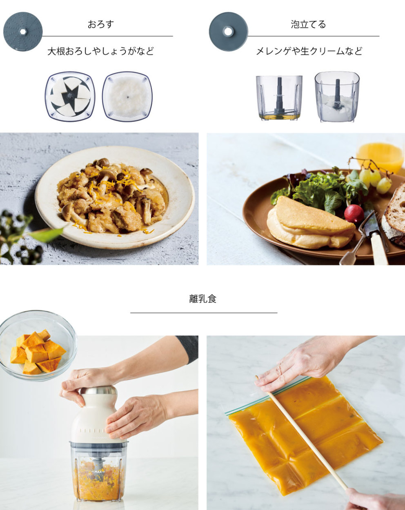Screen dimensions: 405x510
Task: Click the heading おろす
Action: click(100, 24)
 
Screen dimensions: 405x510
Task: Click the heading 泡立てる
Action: click(308, 24)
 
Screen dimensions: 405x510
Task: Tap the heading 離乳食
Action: click(203, 299)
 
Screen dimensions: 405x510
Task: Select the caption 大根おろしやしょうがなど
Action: click(100, 51)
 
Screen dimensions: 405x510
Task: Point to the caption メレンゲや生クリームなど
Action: click(309, 51)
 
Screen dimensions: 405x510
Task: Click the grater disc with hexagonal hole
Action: click(23, 31)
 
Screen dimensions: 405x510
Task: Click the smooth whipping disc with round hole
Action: click(228, 31)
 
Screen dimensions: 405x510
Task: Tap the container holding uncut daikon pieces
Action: click(70, 96)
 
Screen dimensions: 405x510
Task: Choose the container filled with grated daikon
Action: click(127, 96)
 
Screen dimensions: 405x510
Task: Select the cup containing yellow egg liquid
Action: click(279, 98)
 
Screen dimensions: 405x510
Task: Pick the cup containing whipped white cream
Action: click(337, 97)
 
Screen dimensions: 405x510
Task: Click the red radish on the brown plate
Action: click(354, 213)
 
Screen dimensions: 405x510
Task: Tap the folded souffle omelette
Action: click(311, 222)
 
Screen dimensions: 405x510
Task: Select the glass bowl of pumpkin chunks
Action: click(38, 346)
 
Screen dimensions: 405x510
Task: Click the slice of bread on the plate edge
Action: click(394, 217)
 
